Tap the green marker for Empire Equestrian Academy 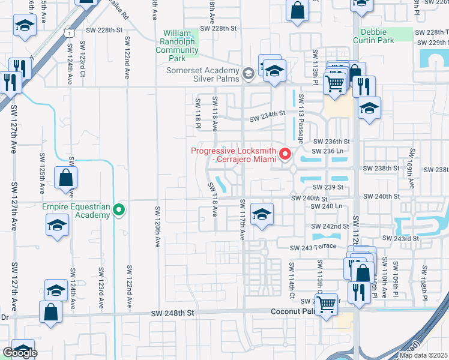click(119, 210)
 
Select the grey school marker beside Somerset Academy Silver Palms click(248, 74)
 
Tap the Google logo click(20, 353)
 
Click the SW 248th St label click(173, 313)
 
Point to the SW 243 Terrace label click(311, 248)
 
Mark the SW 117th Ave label click(243, 220)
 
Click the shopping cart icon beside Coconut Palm click(326, 304)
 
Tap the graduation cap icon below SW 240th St click(262, 214)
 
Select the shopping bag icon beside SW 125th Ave click(65, 178)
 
